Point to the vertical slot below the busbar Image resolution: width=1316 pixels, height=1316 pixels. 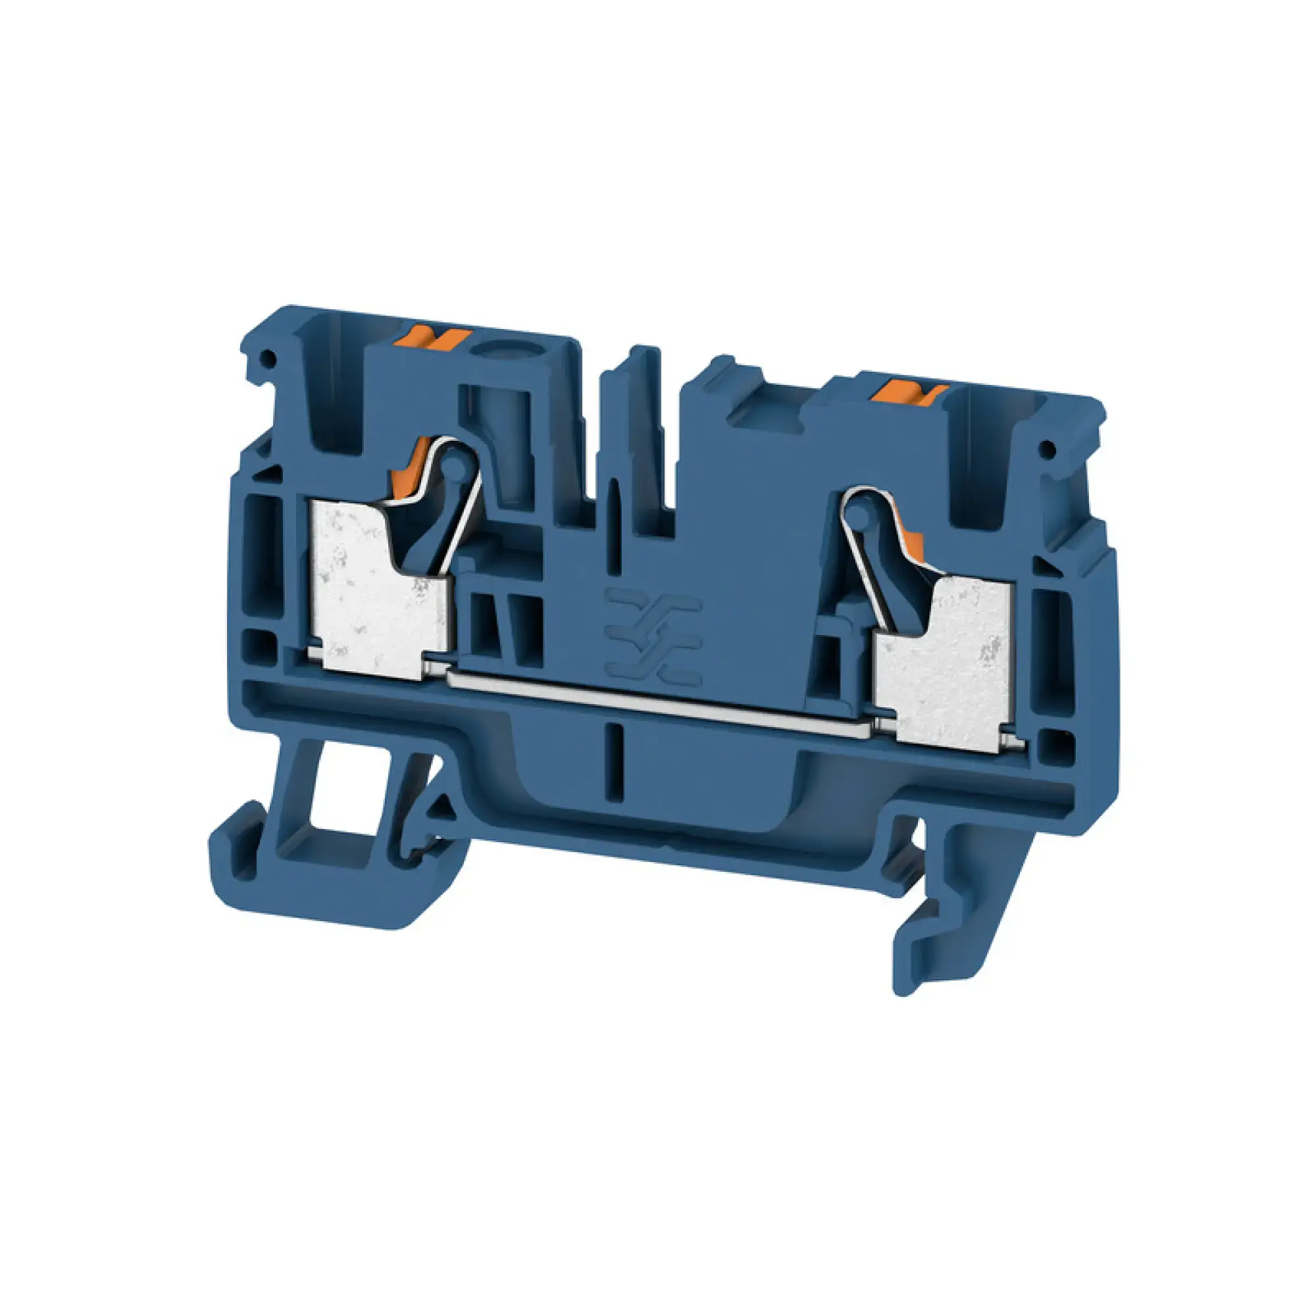[621, 761]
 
